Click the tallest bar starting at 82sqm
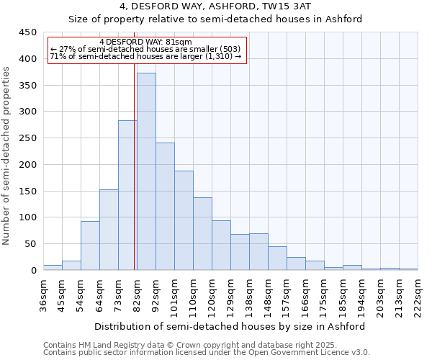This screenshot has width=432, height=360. coord(146,171)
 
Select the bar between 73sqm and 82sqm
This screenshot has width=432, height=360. coord(127,195)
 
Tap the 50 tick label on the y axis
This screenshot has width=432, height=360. coord(30,243)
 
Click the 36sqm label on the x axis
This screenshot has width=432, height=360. coord(43,294)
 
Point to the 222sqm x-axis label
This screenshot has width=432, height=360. coord(418,294)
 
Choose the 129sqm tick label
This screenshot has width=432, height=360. coord(230,294)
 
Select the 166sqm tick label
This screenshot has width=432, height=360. coord(305,294)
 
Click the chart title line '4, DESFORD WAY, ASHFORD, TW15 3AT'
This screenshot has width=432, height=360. coord(215,6)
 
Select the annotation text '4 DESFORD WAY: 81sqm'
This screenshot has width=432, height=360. coord(146,42)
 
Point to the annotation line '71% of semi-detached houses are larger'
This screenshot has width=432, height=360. coord(145,55)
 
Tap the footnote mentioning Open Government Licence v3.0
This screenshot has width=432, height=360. coord(206,352)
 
